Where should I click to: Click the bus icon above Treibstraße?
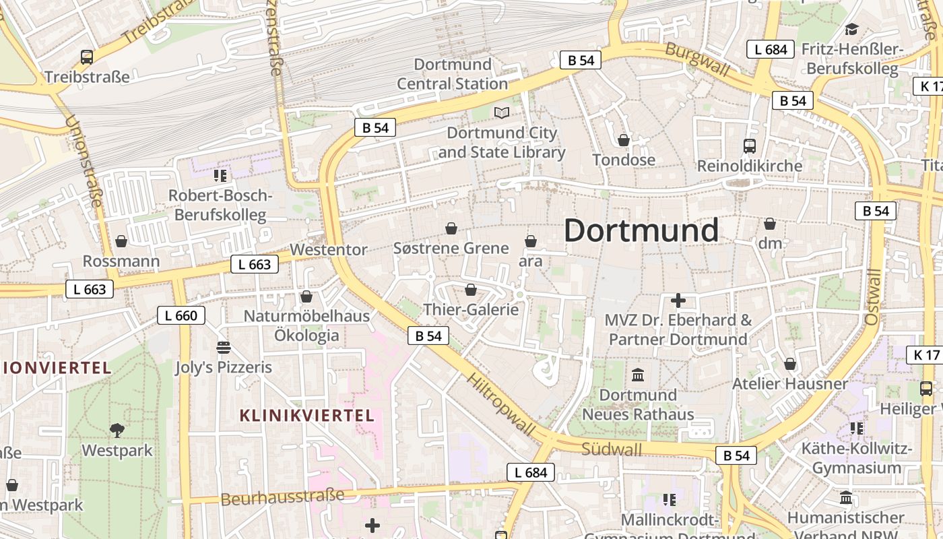pyautogui.click(x=87, y=57)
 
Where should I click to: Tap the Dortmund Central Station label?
pyautogui.click(x=452, y=74)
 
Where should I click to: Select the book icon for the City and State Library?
pyautogui.click(x=501, y=113)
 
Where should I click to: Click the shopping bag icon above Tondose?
pyautogui.click(x=624, y=140)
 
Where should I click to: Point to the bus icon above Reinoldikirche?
pyautogui.click(x=749, y=146)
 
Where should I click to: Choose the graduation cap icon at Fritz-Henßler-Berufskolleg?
pyautogui.click(x=851, y=30)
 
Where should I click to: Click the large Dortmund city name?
pyautogui.click(x=641, y=230)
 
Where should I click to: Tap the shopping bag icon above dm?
pyautogui.click(x=770, y=224)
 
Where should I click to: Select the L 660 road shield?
pyautogui.click(x=181, y=315)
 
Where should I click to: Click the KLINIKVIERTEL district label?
pyautogui.click(x=306, y=415)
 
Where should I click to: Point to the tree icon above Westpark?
pyautogui.click(x=117, y=429)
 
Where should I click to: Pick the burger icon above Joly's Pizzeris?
pyautogui.click(x=224, y=348)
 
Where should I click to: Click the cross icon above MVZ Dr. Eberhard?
pyautogui.click(x=678, y=300)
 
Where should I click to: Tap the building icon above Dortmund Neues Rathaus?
pyautogui.click(x=638, y=375)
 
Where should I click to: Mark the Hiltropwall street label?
pyautogui.click(x=501, y=404)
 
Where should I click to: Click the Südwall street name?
pyautogui.click(x=612, y=449)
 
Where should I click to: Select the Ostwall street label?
pyautogui.click(x=874, y=297)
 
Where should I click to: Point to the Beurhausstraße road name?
pyautogui.click(x=282, y=497)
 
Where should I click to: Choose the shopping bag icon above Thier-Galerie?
pyautogui.click(x=471, y=290)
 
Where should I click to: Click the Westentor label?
pyautogui.click(x=329, y=249)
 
